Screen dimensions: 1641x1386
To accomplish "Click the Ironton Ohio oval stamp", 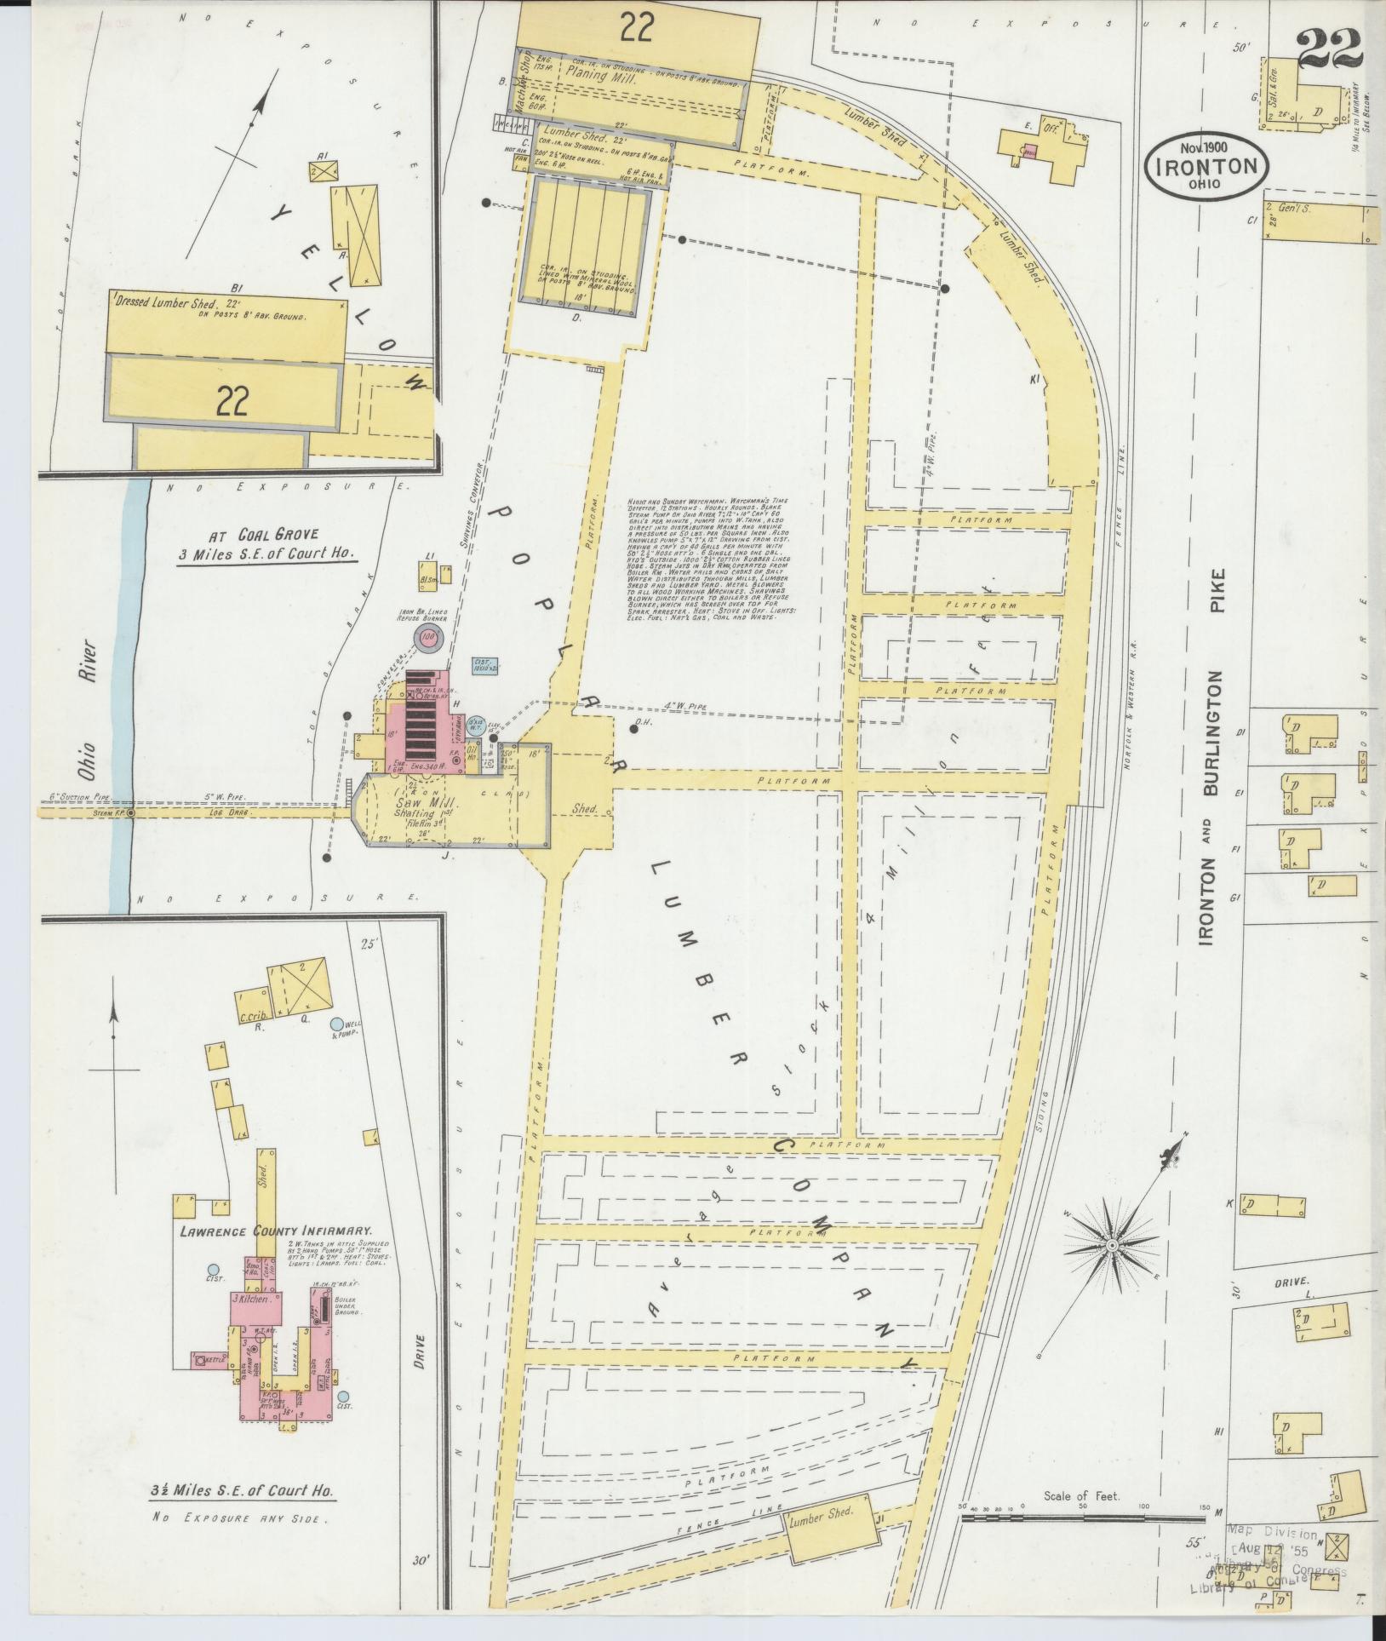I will (x=1206, y=168).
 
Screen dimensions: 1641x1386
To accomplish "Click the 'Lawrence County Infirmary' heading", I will (x=276, y=1231).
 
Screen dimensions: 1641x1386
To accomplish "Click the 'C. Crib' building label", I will (x=249, y=1014).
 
